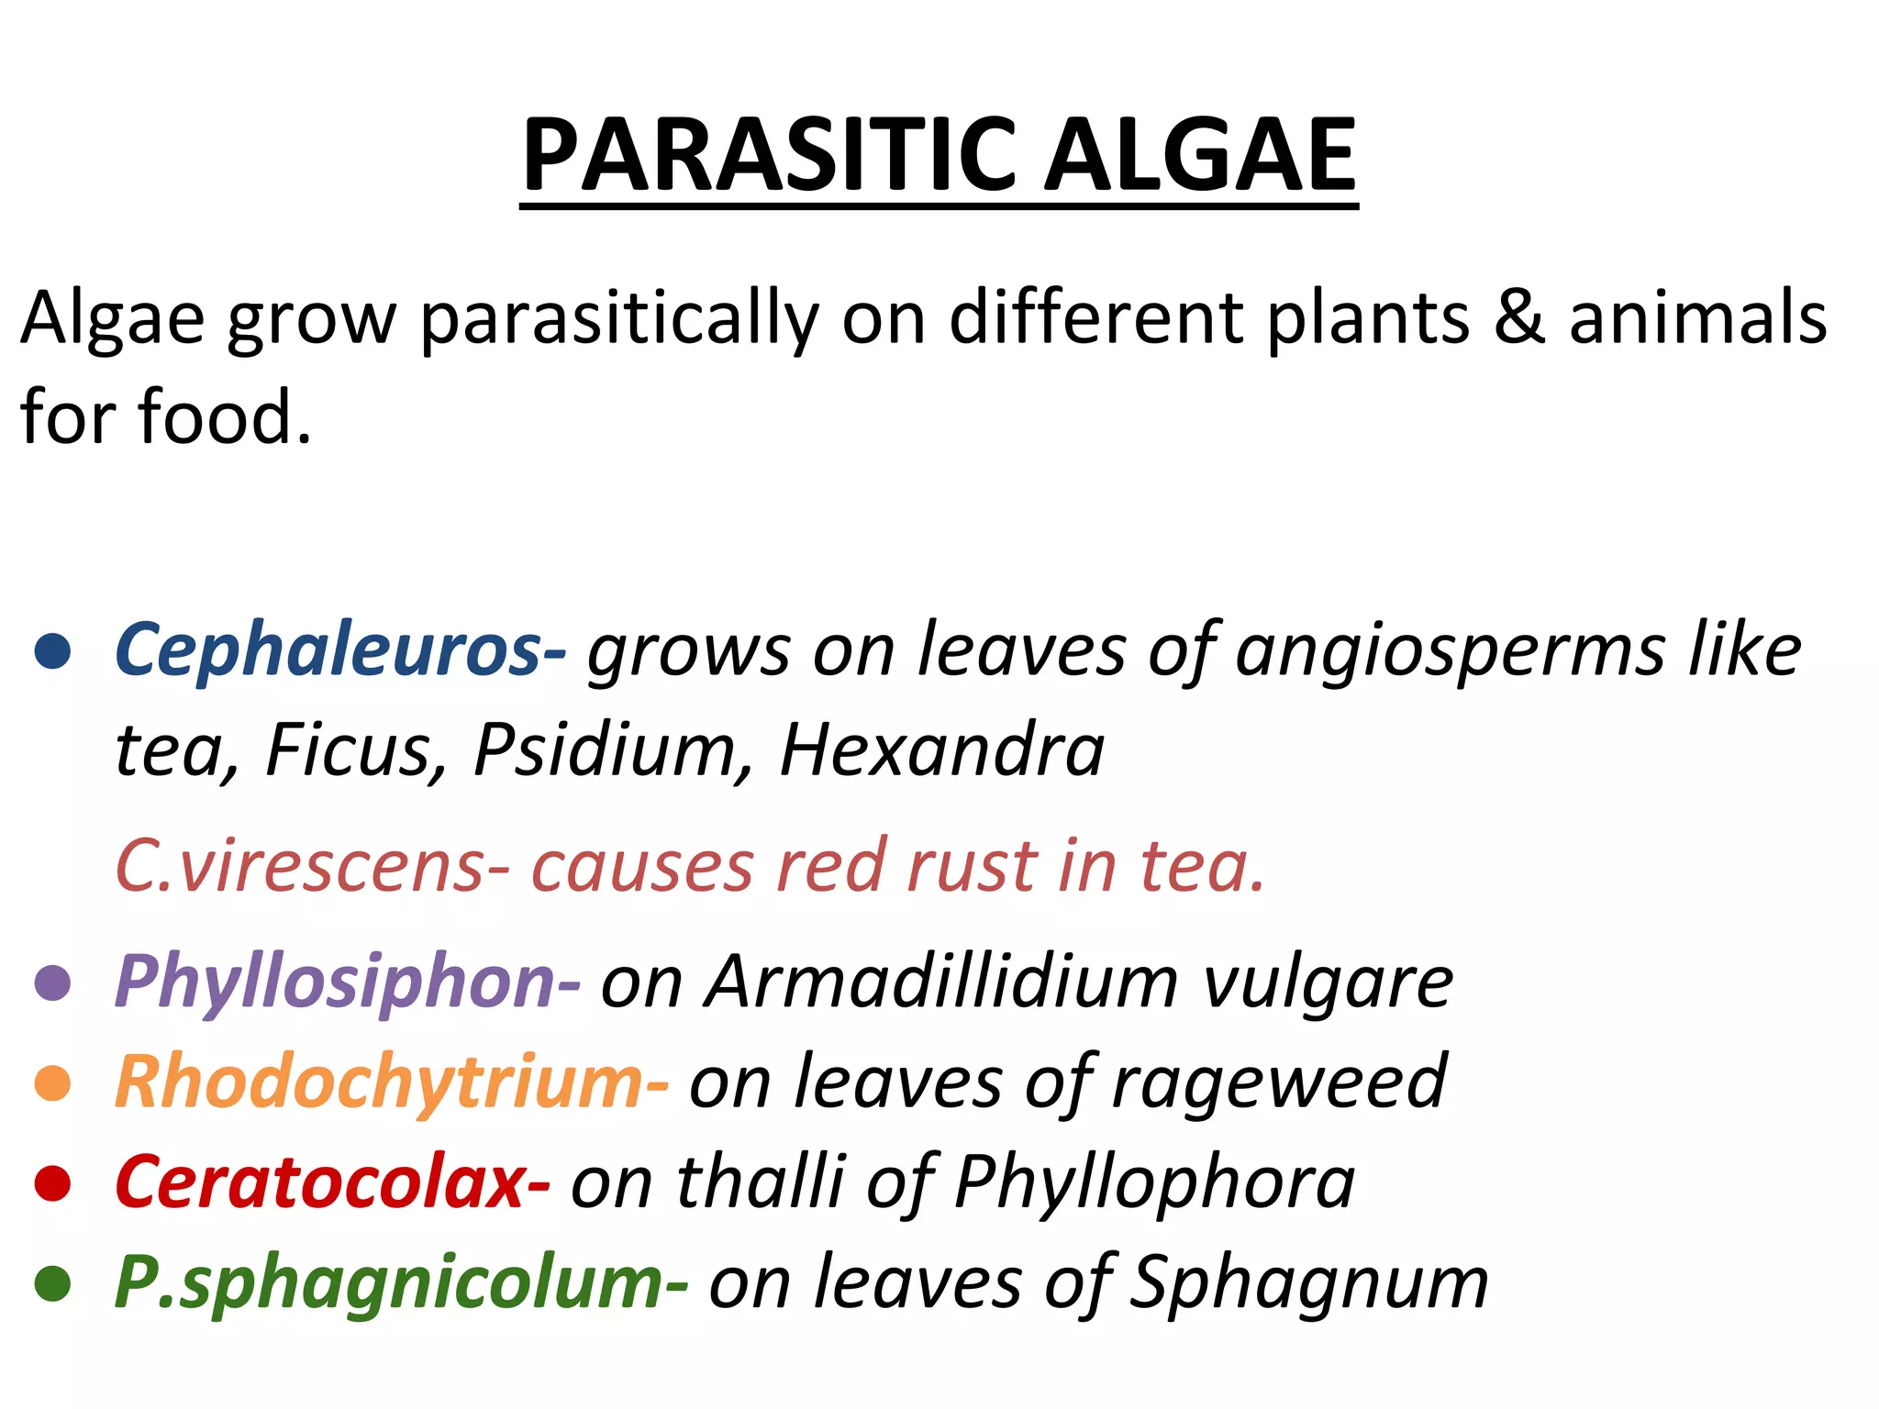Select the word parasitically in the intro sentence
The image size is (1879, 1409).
pyautogui.click(x=619, y=321)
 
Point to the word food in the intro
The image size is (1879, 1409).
pyautogui.click(x=225, y=417)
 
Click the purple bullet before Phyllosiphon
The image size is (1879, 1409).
pyautogui.click(x=52, y=983)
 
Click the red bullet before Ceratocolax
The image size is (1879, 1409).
pyautogui.click(x=52, y=1183)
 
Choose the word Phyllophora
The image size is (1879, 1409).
pyautogui.click(x=1154, y=1183)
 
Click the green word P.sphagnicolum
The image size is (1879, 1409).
pyautogui.click(x=390, y=1284)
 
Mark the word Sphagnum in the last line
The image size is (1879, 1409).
pyautogui.click(x=1307, y=1284)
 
